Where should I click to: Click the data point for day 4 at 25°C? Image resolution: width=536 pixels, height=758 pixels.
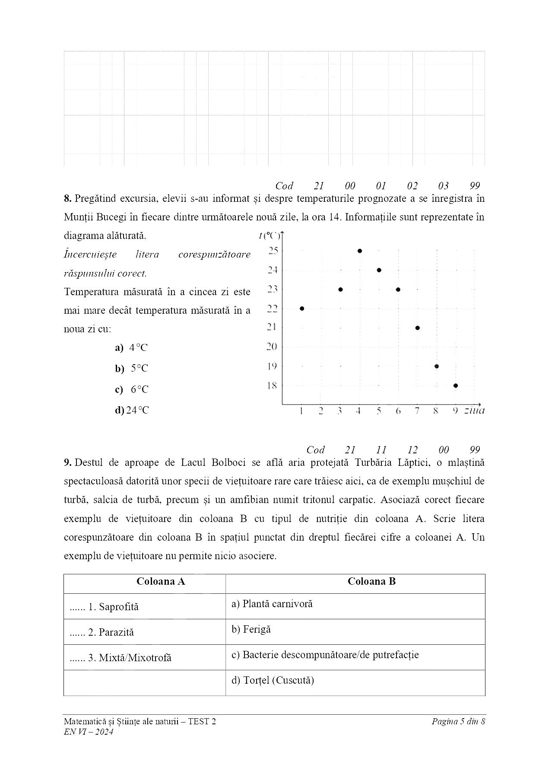click(x=360, y=251)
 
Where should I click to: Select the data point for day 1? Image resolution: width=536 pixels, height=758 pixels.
click(x=302, y=309)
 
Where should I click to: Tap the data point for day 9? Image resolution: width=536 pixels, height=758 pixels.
click(x=456, y=385)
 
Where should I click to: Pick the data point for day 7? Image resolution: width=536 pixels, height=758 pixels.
click(x=417, y=328)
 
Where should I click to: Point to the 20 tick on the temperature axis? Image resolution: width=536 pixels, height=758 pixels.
click(x=272, y=347)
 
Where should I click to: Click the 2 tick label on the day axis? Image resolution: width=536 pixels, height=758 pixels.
click(x=321, y=411)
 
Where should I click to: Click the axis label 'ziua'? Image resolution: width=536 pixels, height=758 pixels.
click(x=474, y=411)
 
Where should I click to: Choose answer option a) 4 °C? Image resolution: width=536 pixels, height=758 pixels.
click(x=131, y=348)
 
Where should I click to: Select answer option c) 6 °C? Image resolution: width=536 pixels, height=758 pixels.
click(x=132, y=389)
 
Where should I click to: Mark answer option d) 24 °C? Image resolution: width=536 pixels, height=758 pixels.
click(x=132, y=410)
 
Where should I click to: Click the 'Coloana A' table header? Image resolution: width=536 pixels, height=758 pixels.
click(x=161, y=582)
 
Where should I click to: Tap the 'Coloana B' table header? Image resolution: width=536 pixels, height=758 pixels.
click(x=371, y=582)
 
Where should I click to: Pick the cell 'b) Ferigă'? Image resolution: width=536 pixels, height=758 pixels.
click(x=251, y=629)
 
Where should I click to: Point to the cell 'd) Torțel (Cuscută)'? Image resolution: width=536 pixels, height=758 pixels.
click(x=273, y=680)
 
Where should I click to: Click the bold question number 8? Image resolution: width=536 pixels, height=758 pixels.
click(x=67, y=199)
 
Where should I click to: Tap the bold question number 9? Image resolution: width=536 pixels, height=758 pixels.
click(x=67, y=463)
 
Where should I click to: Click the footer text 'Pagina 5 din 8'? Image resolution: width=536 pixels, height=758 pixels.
click(x=458, y=721)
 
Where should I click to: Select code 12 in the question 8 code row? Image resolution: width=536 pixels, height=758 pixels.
click(x=412, y=450)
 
